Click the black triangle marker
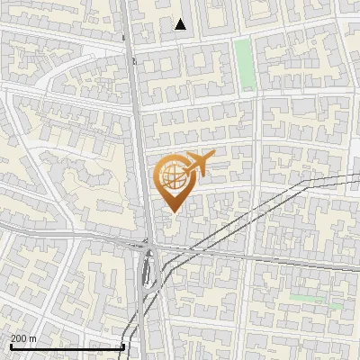tap(181, 24)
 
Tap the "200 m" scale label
tap(23, 338)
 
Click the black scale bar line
tap(67, 346)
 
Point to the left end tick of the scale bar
tap(11, 346)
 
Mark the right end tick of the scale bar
tap(123, 346)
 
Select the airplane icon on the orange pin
tap(198, 165)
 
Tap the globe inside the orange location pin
tap(172, 175)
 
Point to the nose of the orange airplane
tap(214, 155)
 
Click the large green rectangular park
tap(244, 64)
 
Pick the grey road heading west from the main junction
tap(72, 236)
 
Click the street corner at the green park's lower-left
tap(235, 92)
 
